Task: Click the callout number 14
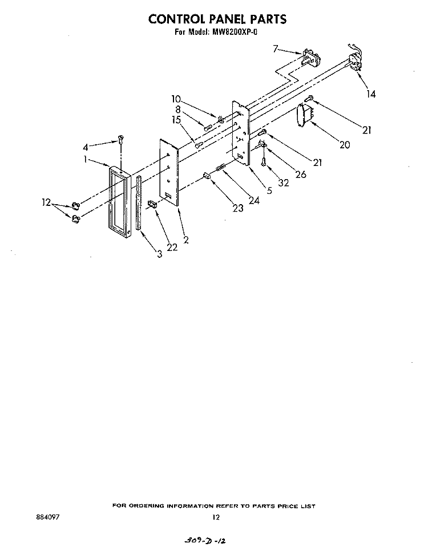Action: click(371, 94)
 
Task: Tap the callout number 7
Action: click(276, 48)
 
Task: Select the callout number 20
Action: click(345, 144)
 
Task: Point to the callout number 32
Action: click(284, 183)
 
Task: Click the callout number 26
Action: click(301, 174)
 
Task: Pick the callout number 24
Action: click(254, 200)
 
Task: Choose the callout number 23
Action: click(238, 208)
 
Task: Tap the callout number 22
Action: click(172, 247)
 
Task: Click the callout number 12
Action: click(46, 202)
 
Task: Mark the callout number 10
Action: click(176, 99)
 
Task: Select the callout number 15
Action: click(176, 120)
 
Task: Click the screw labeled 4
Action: click(121, 140)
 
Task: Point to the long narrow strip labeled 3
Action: click(139, 202)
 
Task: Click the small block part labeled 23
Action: click(207, 176)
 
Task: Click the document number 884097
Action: click(47, 517)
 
